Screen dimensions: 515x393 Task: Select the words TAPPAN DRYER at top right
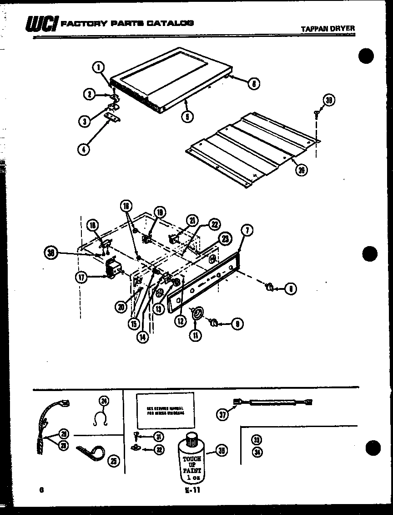[x=327, y=29]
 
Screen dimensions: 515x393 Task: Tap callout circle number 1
[x=98, y=67]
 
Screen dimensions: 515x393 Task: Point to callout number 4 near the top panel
[x=83, y=149]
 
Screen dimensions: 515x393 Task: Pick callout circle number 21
[x=192, y=221]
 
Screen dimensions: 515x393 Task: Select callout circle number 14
[x=142, y=337]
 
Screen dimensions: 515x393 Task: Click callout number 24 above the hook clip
[x=104, y=401]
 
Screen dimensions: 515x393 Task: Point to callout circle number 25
[x=113, y=462]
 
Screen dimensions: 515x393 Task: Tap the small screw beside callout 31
[x=136, y=437]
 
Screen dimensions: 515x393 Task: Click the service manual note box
[x=165, y=410]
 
